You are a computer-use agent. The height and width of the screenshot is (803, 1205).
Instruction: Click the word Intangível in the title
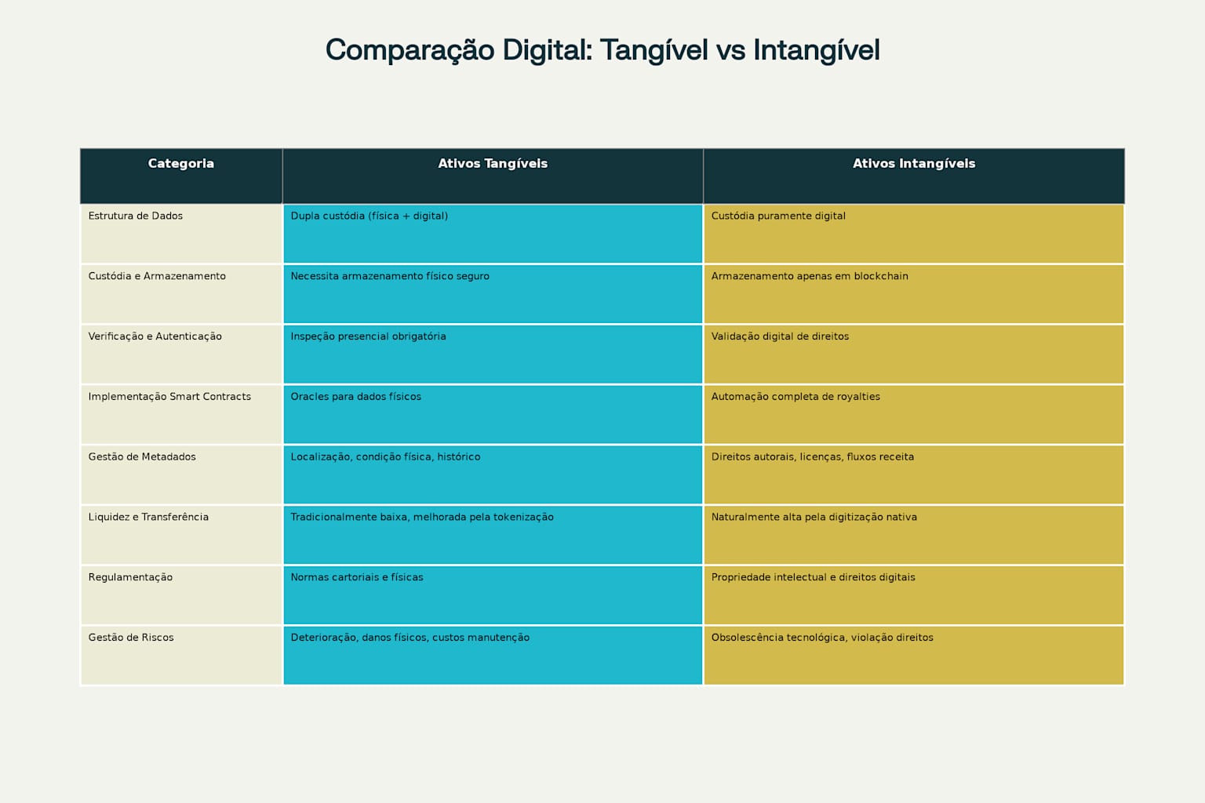(x=816, y=50)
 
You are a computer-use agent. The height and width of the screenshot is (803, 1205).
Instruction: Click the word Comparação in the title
(x=410, y=50)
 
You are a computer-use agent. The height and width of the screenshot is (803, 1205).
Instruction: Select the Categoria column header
(x=180, y=164)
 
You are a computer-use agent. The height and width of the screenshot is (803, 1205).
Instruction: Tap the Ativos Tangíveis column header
(x=493, y=164)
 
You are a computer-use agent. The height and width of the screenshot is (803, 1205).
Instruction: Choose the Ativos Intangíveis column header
(x=914, y=164)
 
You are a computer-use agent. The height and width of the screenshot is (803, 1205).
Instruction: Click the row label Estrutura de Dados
(x=136, y=216)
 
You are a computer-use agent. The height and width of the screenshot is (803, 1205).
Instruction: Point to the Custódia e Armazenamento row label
(x=157, y=276)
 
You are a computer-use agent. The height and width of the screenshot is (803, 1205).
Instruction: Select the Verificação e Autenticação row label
(x=155, y=336)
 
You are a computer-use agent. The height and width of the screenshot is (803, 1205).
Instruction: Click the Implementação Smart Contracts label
(x=169, y=397)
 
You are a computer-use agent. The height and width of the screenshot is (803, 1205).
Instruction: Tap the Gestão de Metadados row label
(x=142, y=457)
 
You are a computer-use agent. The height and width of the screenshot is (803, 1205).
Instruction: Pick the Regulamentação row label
(x=130, y=577)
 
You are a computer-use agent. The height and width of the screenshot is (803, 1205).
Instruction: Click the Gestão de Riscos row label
(x=131, y=638)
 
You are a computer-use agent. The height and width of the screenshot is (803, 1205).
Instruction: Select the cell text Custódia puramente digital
(x=778, y=216)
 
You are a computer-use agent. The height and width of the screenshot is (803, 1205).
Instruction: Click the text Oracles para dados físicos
(x=355, y=397)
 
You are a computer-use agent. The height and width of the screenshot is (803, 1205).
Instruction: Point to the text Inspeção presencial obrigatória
(x=368, y=336)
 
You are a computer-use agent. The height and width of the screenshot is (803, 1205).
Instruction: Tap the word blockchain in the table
(x=881, y=276)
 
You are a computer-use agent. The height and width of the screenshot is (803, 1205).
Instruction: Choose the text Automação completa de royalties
(x=795, y=397)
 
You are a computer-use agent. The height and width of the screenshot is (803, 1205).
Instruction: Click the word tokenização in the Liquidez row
(x=523, y=518)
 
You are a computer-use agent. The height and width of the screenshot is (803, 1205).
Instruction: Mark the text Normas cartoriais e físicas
(x=357, y=577)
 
